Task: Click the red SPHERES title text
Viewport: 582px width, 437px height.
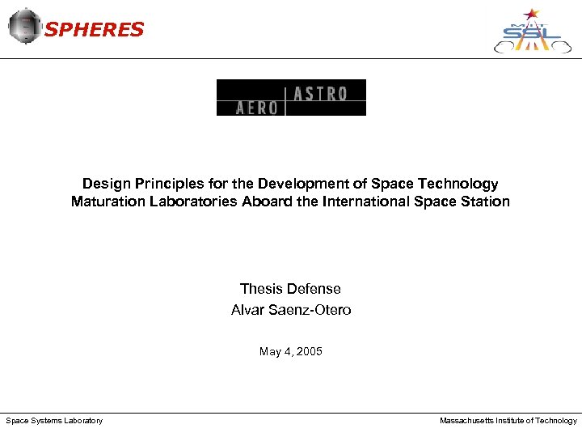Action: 95,30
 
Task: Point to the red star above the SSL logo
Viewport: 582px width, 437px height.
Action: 531,14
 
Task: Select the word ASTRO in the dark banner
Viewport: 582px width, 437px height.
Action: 321,94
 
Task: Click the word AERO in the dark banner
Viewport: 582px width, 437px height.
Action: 256,108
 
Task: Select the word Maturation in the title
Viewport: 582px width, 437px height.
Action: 103,202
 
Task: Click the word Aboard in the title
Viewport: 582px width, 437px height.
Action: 268,202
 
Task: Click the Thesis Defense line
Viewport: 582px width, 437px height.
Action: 290,289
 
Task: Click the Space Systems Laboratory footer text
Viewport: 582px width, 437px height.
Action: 54,421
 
